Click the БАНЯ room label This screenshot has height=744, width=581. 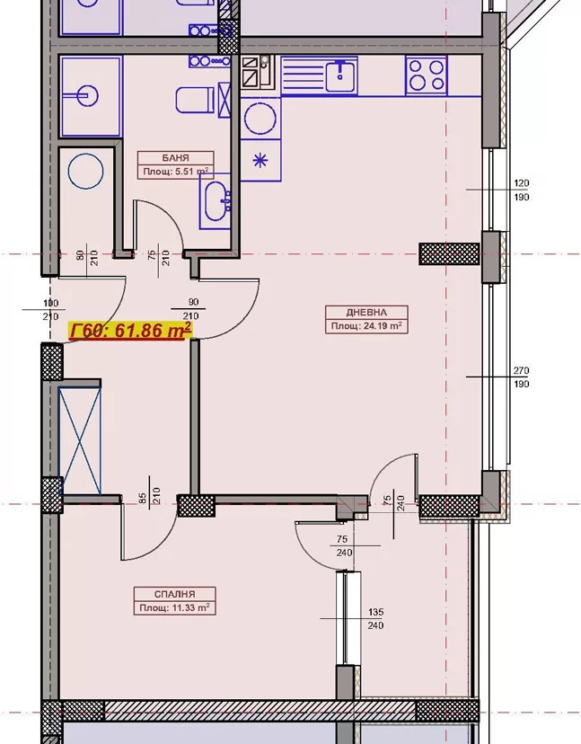175,157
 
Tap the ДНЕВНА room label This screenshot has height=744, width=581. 366,312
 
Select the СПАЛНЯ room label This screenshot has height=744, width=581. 174,594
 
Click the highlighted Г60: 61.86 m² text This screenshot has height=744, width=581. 130,331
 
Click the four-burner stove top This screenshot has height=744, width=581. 427,75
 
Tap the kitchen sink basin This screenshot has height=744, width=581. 341,75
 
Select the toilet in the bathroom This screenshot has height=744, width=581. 195,100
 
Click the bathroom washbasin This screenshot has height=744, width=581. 216,200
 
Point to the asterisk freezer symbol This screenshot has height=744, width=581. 260,160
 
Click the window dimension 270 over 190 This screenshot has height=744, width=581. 521,376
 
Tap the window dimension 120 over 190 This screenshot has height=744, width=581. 521,190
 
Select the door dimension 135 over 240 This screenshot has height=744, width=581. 375,619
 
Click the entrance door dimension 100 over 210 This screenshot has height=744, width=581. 51,309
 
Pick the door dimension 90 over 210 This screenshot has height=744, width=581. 193,309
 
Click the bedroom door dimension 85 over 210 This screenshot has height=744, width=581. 150,495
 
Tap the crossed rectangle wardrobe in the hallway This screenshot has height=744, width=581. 80,441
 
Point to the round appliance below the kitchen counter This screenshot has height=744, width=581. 260,119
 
